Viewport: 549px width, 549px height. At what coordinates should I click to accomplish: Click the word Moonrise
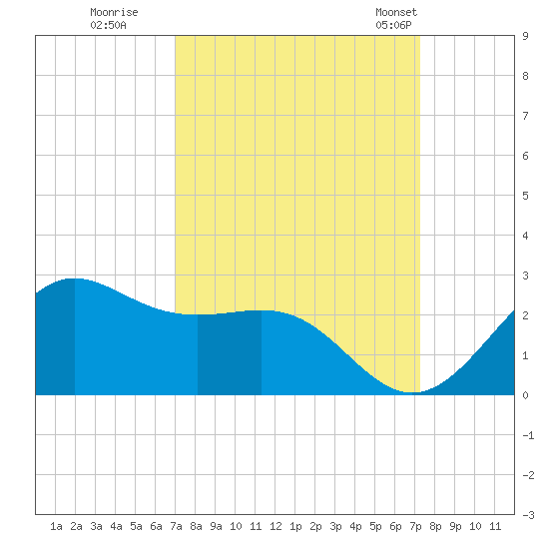(x=114, y=12)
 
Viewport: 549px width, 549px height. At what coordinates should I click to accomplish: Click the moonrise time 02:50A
(x=108, y=25)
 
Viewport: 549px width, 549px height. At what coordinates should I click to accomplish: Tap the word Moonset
(x=396, y=12)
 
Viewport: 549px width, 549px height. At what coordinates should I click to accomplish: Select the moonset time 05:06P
(x=393, y=25)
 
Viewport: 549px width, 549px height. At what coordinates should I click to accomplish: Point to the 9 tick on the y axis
(x=525, y=36)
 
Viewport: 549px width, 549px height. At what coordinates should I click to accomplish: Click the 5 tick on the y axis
(x=525, y=196)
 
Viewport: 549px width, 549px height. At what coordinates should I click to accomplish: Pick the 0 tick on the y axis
(x=525, y=395)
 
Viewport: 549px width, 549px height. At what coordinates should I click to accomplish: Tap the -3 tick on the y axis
(x=528, y=515)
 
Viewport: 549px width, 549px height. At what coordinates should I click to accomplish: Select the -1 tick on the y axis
(x=528, y=435)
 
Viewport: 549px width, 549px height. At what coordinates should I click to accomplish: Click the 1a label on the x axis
(x=56, y=526)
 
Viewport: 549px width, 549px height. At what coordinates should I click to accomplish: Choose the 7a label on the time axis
(x=176, y=526)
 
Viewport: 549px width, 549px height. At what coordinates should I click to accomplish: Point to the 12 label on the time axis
(x=275, y=526)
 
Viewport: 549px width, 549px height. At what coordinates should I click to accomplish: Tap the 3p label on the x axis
(x=335, y=526)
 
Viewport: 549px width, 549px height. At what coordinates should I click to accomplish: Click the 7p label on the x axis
(x=415, y=526)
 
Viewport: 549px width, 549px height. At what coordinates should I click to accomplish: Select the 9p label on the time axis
(x=455, y=526)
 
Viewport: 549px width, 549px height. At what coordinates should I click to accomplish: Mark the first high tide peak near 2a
(x=75, y=278)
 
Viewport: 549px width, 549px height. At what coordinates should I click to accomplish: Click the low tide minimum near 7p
(x=413, y=392)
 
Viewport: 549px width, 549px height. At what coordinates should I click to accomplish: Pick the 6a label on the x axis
(x=156, y=526)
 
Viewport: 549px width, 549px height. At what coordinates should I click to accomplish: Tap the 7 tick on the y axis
(x=525, y=116)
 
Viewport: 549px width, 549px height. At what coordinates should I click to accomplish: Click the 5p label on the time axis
(x=375, y=526)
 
